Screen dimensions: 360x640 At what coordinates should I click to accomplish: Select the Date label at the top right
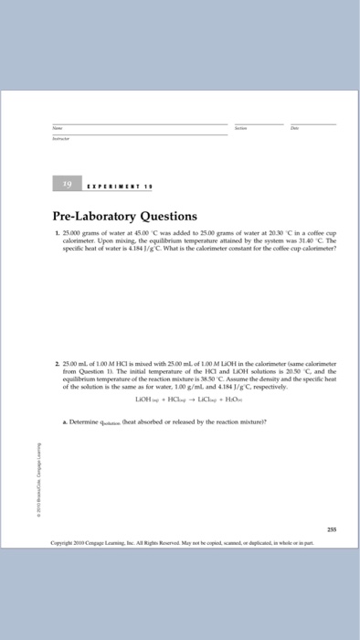[292, 129]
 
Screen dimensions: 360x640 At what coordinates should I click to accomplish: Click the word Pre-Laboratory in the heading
[106, 217]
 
